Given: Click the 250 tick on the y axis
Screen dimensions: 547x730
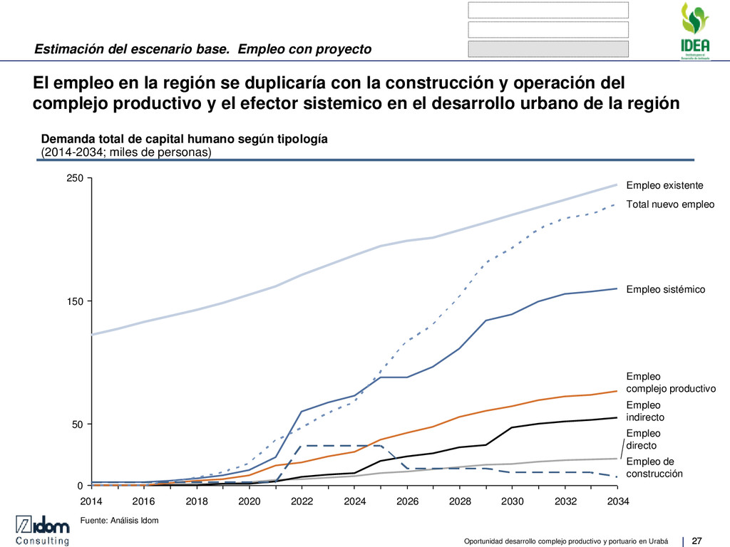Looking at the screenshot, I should pos(75,178).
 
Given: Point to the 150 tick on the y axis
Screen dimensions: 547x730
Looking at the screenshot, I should pos(75,301).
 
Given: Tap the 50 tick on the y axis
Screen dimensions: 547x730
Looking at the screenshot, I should pos(78,424).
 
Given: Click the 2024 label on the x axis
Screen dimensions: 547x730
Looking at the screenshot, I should pos(355,501).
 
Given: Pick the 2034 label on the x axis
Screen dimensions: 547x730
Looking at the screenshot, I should pos(618,501).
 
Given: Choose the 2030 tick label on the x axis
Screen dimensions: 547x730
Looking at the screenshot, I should pos(513,501).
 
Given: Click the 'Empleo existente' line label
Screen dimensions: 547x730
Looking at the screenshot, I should pos(664,185).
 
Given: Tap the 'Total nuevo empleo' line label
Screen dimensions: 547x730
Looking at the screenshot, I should pos(670,204).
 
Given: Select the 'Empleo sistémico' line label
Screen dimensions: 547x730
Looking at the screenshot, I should pos(665,290).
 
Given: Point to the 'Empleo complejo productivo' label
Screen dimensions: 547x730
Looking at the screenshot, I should pos(670,382).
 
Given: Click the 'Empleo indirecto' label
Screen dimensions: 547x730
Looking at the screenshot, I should pos(645,411).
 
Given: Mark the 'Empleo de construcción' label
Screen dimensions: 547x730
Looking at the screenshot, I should pos(654,467).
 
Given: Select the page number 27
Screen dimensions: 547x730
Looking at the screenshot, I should pos(697,538).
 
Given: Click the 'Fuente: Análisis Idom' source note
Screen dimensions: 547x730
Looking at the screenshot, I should pos(119,521).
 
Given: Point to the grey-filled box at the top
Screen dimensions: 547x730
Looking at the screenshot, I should pos(548,48).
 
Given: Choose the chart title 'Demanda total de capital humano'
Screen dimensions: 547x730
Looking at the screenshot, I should pos(185,139).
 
